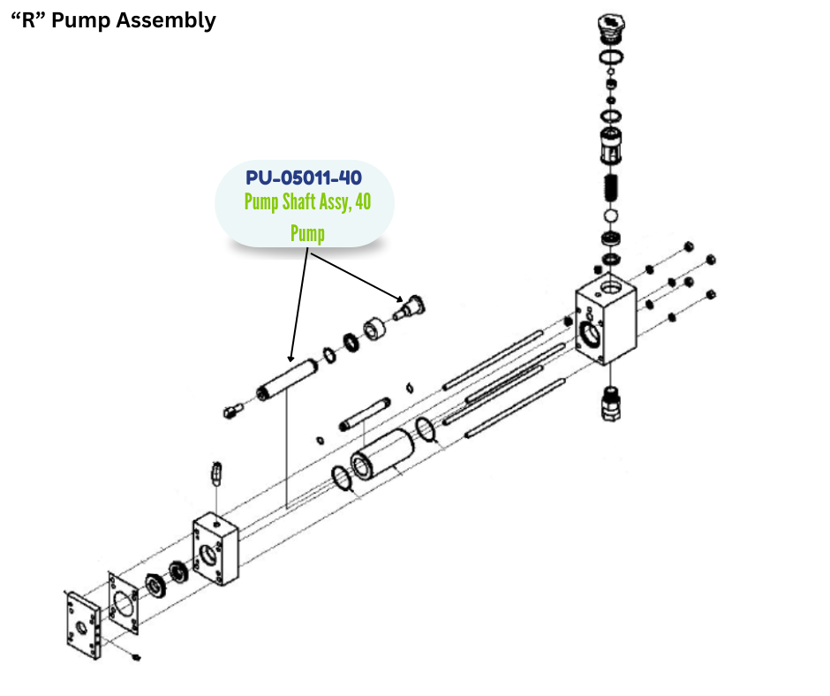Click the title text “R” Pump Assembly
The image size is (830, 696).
click(x=113, y=20)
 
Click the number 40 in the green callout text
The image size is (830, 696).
click(x=362, y=202)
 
